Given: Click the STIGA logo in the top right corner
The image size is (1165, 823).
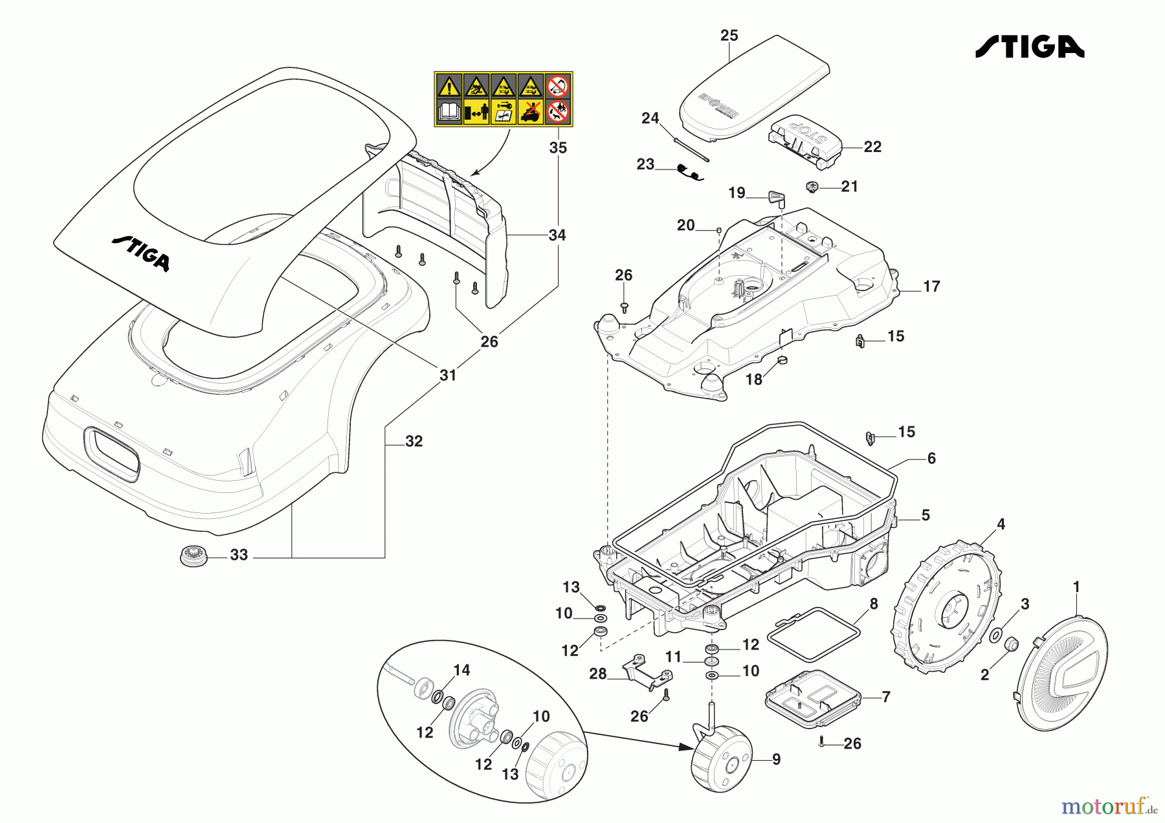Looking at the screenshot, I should pos(1029,47).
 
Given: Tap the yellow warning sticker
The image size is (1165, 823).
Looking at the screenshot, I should pos(503,99).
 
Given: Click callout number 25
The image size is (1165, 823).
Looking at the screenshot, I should pos(729,36).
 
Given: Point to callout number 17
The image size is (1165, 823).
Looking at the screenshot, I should pos(931,287).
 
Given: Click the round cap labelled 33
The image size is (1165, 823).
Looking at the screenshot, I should pos(194,556).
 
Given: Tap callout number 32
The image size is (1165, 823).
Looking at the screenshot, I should pos(414,441).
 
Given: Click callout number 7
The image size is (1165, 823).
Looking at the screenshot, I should pos(886,697).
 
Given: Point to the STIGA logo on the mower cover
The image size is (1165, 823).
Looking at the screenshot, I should pos(141,252).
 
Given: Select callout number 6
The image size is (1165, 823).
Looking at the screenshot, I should pos(931,459).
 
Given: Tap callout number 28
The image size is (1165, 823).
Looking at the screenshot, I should pos(597,674).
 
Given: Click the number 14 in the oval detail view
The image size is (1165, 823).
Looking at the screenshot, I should pos(461,670).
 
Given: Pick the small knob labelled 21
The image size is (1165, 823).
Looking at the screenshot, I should pos(812,187).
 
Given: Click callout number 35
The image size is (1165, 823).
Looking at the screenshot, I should pos(558,148).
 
